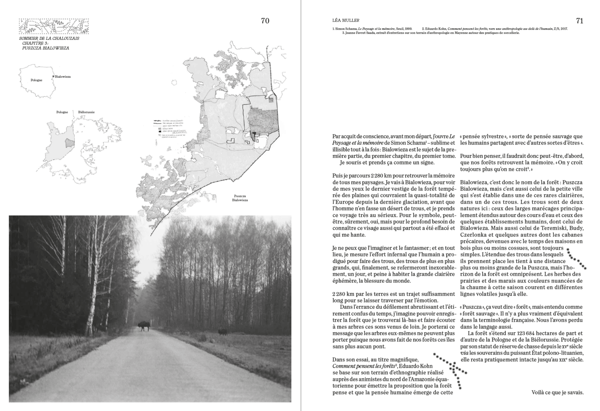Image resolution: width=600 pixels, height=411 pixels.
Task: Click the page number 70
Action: pyautogui.click(x=265, y=21)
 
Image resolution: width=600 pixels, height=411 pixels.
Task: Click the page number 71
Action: pyautogui.click(x=579, y=21)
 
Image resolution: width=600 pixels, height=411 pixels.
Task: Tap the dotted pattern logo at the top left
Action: pyautogui.click(x=54, y=26)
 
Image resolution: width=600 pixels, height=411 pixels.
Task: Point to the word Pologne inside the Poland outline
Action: pyautogui.click(x=36, y=80)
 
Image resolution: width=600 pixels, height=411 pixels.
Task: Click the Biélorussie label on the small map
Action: pyautogui.click(x=87, y=112)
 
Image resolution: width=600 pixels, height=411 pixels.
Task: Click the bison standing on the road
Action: pyautogui.click(x=143, y=326)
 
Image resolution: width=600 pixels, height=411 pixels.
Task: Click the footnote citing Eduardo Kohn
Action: pyautogui.click(x=495, y=29)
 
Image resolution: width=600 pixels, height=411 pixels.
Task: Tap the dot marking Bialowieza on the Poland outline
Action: pyautogui.click(x=54, y=77)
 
